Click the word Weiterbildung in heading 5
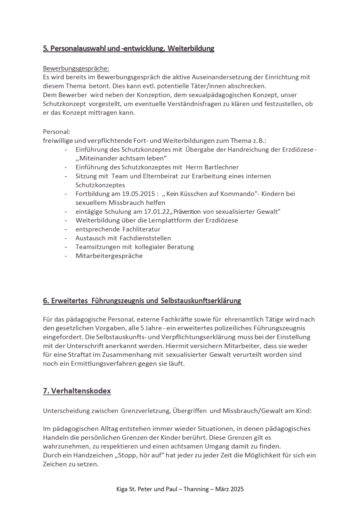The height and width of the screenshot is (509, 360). tap(191, 49)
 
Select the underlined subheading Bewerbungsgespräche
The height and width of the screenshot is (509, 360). tap(76, 68)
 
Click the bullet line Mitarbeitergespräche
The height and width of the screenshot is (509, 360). tap(109, 256)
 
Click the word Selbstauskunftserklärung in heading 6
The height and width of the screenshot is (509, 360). tap(201, 301)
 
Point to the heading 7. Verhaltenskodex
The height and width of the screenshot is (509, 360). tap(77, 391)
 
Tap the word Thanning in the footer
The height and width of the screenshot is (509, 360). tap(196, 489)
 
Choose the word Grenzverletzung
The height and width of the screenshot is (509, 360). tap(143, 411)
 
